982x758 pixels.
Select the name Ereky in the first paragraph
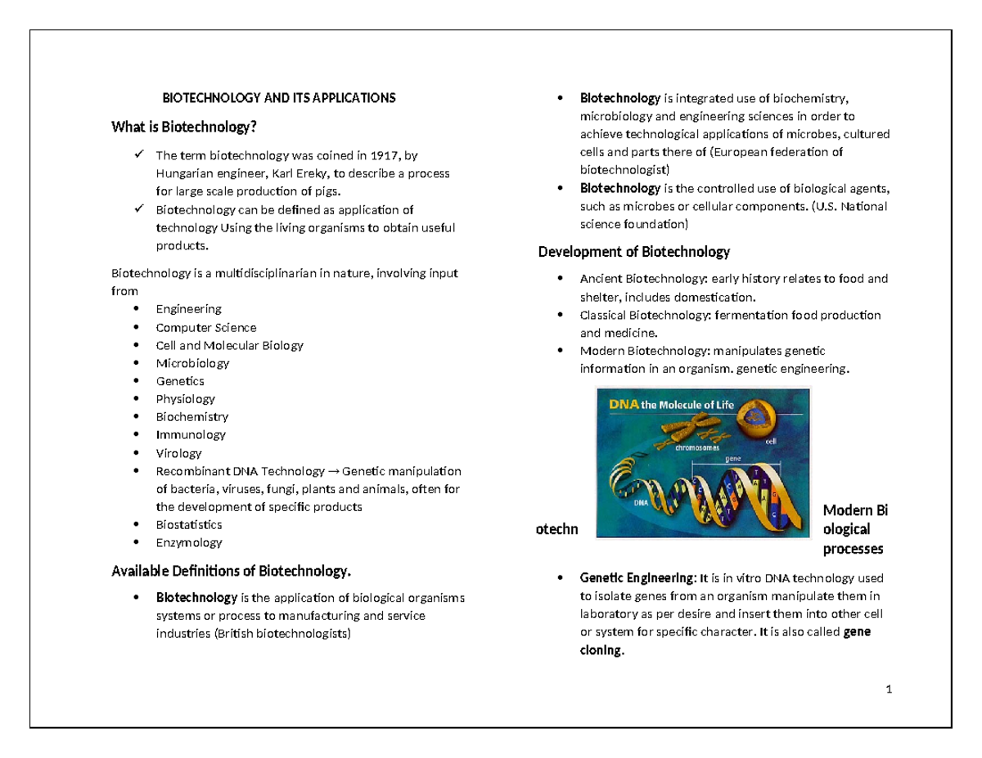pyautogui.click(x=285, y=173)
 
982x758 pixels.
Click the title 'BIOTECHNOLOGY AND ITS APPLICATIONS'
pyautogui.click(x=279, y=98)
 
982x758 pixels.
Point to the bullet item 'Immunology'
pyautogui.click(x=191, y=435)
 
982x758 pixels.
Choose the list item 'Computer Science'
pyautogui.click(x=205, y=327)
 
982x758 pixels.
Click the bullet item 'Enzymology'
pyautogui.click(x=189, y=542)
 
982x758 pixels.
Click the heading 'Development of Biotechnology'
pyautogui.click(x=633, y=251)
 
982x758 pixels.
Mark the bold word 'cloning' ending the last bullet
pyautogui.click(x=601, y=652)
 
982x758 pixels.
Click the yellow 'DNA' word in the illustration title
pyautogui.click(x=621, y=404)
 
